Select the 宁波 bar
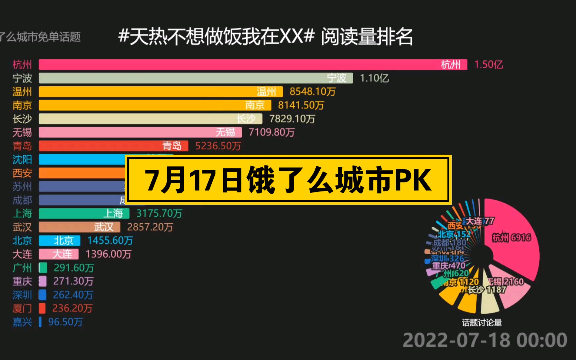196,78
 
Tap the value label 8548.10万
312,92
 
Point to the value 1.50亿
488,64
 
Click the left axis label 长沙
22,119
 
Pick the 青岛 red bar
113,146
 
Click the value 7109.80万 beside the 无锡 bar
271,132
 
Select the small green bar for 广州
43,268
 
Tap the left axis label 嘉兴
22,322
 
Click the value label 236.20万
72,308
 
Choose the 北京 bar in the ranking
59,241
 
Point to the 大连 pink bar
59,254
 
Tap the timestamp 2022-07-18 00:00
485,340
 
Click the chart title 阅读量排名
367,37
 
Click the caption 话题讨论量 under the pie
482,323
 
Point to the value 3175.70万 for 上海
159,213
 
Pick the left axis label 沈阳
22,160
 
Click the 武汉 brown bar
79,227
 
